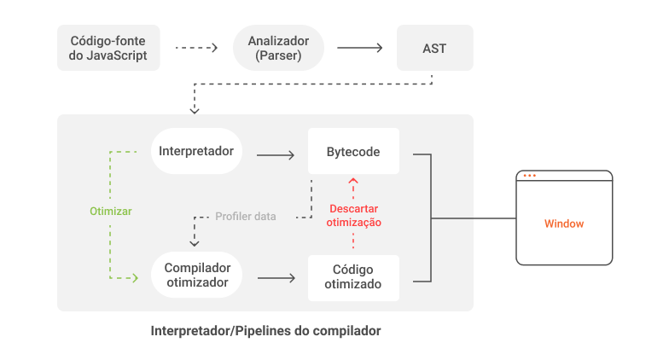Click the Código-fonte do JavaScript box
coord(108,48)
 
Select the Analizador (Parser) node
coord(278,48)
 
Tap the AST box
coord(435,48)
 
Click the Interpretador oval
coord(196,151)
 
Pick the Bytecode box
coord(353,151)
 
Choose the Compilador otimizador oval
coord(196,275)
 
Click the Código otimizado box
coord(353,278)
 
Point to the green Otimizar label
coord(111,212)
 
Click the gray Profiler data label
coord(246,217)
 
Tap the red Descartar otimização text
coord(353,215)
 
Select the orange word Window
coord(564,224)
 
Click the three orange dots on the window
coord(529,176)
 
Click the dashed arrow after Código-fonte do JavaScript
coord(196,48)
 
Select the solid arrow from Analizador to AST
coord(359,48)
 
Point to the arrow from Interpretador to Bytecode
coord(275,155)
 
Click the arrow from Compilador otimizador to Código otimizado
coord(276,278)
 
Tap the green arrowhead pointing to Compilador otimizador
coord(136,278)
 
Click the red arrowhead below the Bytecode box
coord(353,181)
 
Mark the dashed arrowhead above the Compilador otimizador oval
coord(195,244)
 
